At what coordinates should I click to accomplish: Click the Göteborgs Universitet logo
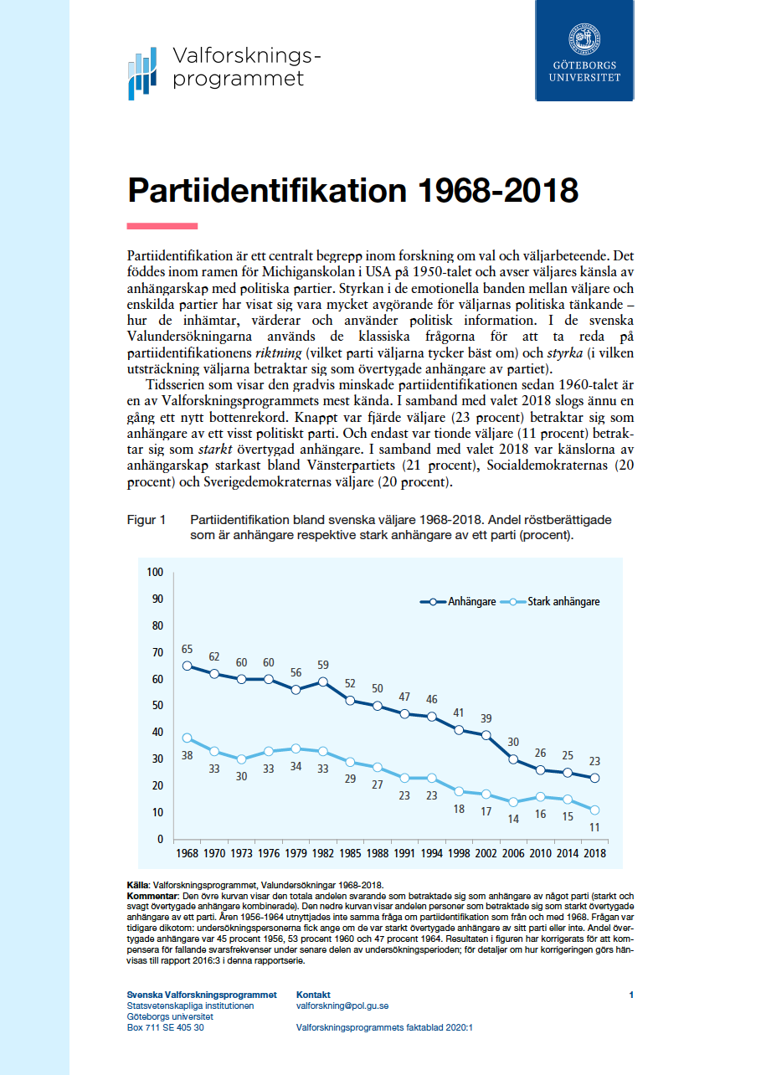584,50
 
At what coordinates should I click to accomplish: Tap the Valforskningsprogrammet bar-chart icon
142,74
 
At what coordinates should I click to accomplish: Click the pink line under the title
162,225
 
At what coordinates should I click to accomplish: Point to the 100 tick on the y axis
154,572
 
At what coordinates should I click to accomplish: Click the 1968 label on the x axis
187,855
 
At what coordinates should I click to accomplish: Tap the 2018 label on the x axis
594,855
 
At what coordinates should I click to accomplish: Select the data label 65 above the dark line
187,649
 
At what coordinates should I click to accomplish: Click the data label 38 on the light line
187,755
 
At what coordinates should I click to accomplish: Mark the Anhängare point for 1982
323,682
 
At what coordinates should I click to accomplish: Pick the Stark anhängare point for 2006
512,802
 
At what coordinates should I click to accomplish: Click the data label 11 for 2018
594,827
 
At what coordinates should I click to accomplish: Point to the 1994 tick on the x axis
431,855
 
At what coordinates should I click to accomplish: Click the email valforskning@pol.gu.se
342,1006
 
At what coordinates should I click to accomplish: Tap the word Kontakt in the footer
313,995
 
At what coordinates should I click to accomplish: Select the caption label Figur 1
146,520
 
